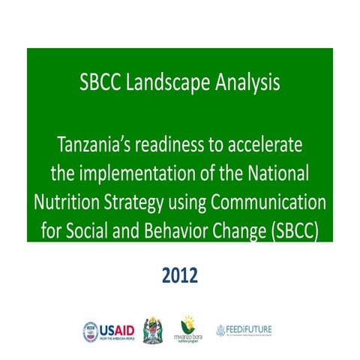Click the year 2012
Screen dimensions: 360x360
tap(180, 276)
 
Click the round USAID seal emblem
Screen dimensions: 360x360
tap(90, 330)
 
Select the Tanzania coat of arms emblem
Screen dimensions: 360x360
tap(152, 330)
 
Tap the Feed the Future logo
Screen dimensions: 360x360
tap(247, 330)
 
